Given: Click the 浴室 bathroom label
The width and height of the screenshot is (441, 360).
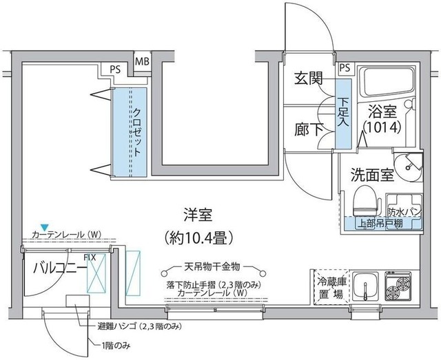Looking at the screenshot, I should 380,110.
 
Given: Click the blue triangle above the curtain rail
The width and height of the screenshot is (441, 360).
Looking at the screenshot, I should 44,226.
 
